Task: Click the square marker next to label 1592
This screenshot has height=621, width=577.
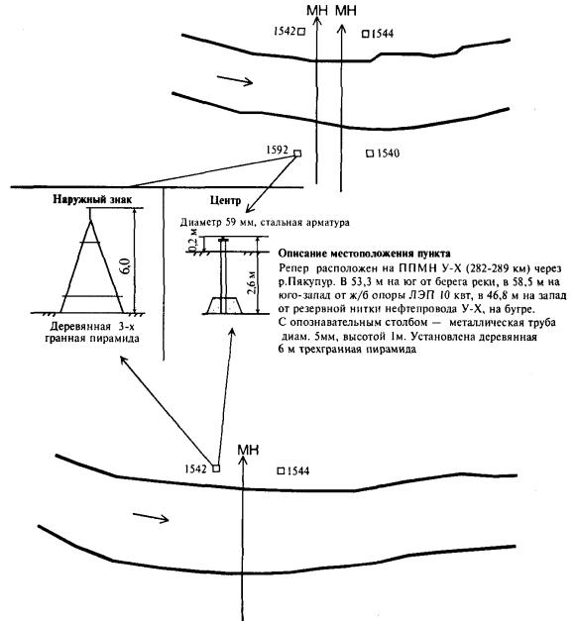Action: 297,154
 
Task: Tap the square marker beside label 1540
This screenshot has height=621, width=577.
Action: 370,154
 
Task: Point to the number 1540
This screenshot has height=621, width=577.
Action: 388,154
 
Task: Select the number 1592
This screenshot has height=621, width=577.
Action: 278,150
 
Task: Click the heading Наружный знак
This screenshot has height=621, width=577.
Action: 92,199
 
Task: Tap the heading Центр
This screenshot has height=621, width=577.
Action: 225,200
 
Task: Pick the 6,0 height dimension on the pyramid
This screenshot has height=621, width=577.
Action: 126,266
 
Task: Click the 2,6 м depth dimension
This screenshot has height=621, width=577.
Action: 251,283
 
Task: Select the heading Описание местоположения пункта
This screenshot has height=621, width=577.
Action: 365,254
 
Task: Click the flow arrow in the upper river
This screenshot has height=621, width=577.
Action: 235,79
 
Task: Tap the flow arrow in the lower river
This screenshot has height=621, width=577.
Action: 151,517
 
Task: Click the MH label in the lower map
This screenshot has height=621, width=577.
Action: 248,450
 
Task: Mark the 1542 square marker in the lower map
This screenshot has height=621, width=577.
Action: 216,468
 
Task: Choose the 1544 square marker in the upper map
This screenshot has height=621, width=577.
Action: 365,34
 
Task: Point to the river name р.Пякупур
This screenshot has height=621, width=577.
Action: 307,282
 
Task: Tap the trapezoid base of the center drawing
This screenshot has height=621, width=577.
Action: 223,306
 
